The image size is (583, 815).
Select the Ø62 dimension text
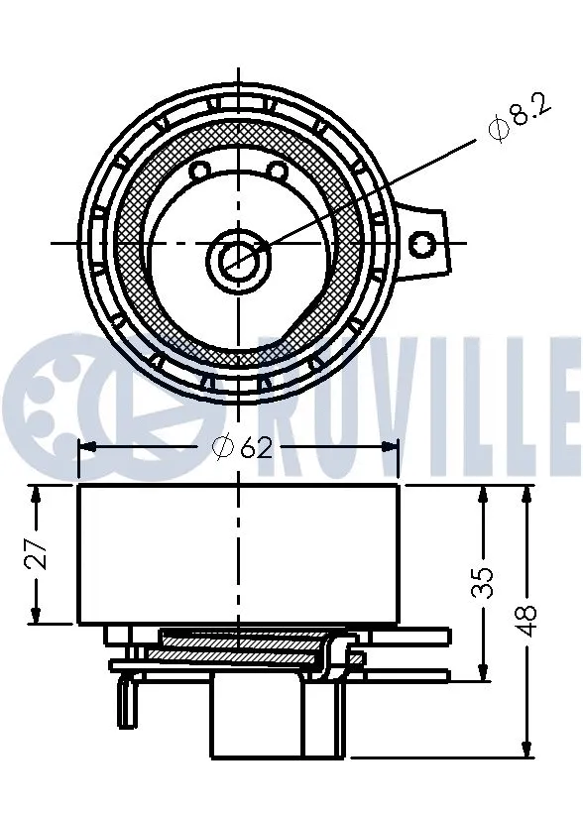click(x=241, y=448)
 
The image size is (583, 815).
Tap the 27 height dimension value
click(x=38, y=554)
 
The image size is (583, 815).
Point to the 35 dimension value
click(x=483, y=582)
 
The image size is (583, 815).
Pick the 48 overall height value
click(x=527, y=620)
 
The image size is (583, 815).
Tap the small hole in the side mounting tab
click(x=422, y=242)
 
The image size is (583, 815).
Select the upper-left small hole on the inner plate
click(x=199, y=172)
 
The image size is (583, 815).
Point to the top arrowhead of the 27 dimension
click(x=38, y=493)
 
